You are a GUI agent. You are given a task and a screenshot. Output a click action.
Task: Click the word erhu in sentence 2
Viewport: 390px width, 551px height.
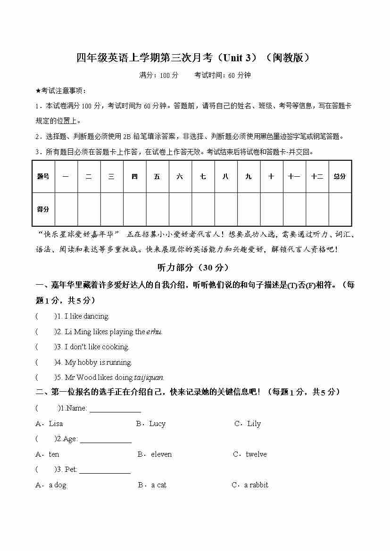154,332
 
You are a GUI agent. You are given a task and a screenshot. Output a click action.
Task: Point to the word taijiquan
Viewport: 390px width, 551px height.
149,378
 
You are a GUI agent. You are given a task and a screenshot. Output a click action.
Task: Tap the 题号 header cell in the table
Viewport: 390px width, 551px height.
43,177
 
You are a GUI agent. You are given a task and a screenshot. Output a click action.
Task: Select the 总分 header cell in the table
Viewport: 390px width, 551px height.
340,177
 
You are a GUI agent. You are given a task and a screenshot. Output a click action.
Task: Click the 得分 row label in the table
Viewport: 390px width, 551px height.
43,209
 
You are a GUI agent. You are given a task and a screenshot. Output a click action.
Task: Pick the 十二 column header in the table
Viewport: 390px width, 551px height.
317,177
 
